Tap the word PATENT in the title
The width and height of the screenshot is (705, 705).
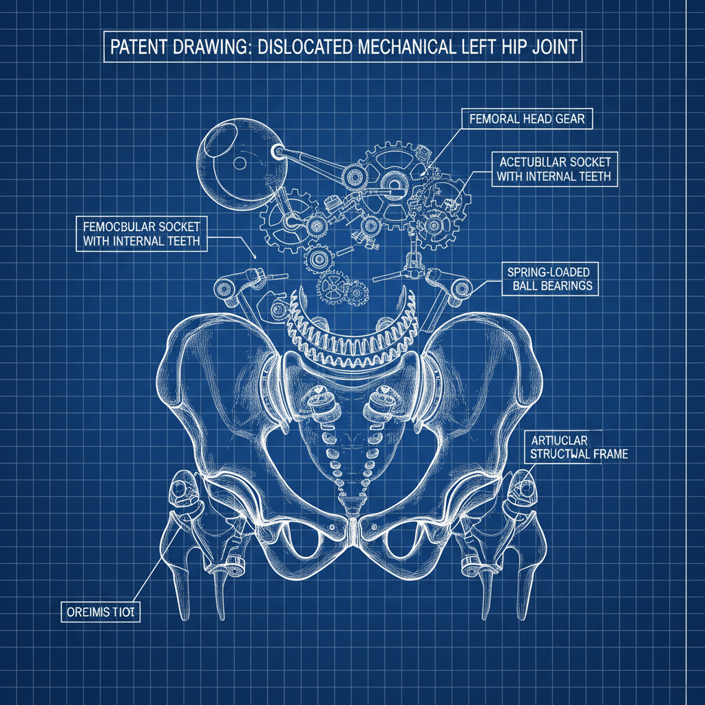point(138,51)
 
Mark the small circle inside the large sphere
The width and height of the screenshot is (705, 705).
point(240,163)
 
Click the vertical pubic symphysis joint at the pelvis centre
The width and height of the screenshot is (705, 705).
point(352,530)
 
